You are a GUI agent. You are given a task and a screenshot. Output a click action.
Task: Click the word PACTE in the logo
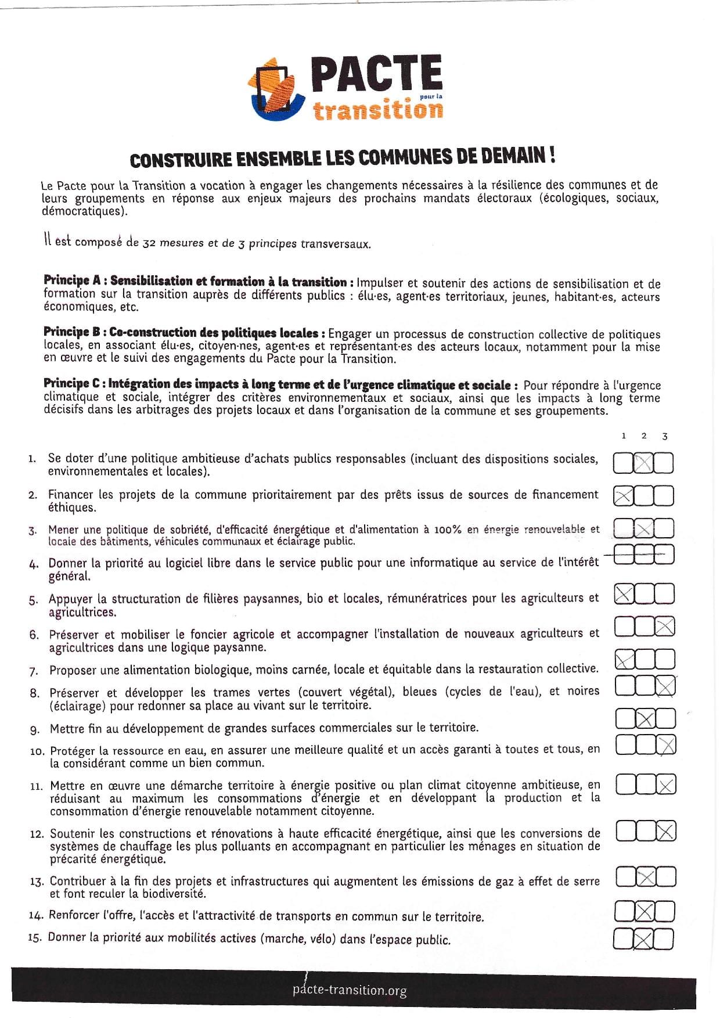(x=376, y=74)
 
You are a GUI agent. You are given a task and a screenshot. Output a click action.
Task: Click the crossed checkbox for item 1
(x=643, y=463)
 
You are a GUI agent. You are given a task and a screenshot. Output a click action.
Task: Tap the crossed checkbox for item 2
(x=624, y=497)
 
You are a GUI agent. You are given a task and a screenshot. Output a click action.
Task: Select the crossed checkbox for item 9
(x=645, y=719)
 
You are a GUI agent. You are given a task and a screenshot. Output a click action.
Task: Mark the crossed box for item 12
(x=666, y=832)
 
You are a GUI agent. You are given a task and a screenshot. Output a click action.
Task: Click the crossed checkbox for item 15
(x=643, y=939)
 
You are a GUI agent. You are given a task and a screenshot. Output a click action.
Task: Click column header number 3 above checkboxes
(x=664, y=436)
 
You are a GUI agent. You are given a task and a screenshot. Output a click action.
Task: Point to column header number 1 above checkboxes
(x=624, y=436)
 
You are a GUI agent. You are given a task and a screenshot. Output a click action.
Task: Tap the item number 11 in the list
(x=37, y=786)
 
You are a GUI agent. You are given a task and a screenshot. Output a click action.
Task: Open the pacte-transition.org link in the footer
(x=350, y=990)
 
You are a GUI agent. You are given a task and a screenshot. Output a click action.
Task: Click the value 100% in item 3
(x=447, y=530)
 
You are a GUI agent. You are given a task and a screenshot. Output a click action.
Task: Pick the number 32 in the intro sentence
(x=149, y=244)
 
